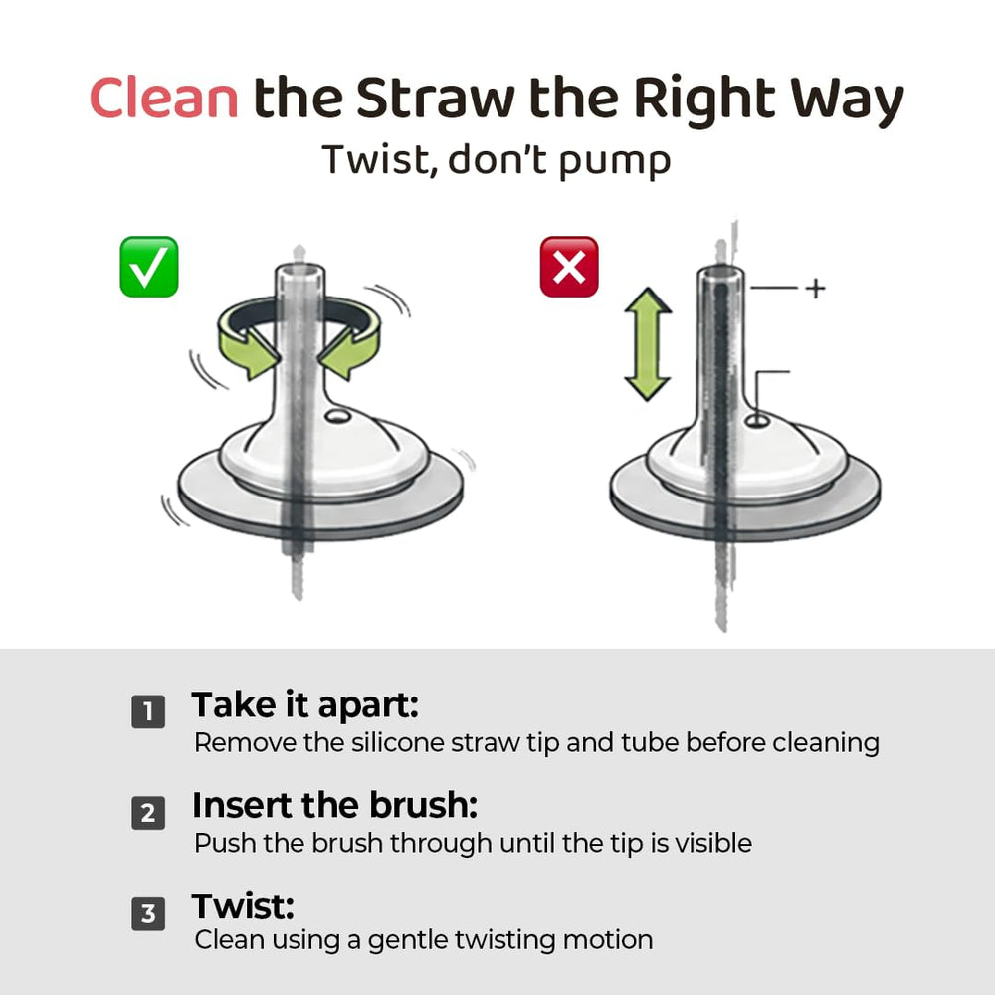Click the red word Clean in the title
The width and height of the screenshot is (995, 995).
[164, 98]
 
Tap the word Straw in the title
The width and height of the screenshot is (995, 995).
[436, 98]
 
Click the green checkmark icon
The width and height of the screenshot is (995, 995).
[149, 267]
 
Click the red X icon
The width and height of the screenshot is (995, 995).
[569, 267]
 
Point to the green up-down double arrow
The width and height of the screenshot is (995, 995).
[648, 344]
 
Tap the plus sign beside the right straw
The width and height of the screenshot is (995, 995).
[816, 289]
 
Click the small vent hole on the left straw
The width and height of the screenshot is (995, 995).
[337, 416]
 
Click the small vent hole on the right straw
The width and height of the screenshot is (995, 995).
[756, 421]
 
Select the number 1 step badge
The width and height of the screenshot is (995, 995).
[148, 711]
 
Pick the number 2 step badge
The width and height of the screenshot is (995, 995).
[148, 813]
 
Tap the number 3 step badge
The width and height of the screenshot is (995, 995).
[148, 913]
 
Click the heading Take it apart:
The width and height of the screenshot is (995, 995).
[305, 705]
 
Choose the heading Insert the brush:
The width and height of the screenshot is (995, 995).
[335, 805]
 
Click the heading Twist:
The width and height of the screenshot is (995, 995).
[243, 906]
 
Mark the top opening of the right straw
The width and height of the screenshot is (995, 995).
[720, 275]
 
